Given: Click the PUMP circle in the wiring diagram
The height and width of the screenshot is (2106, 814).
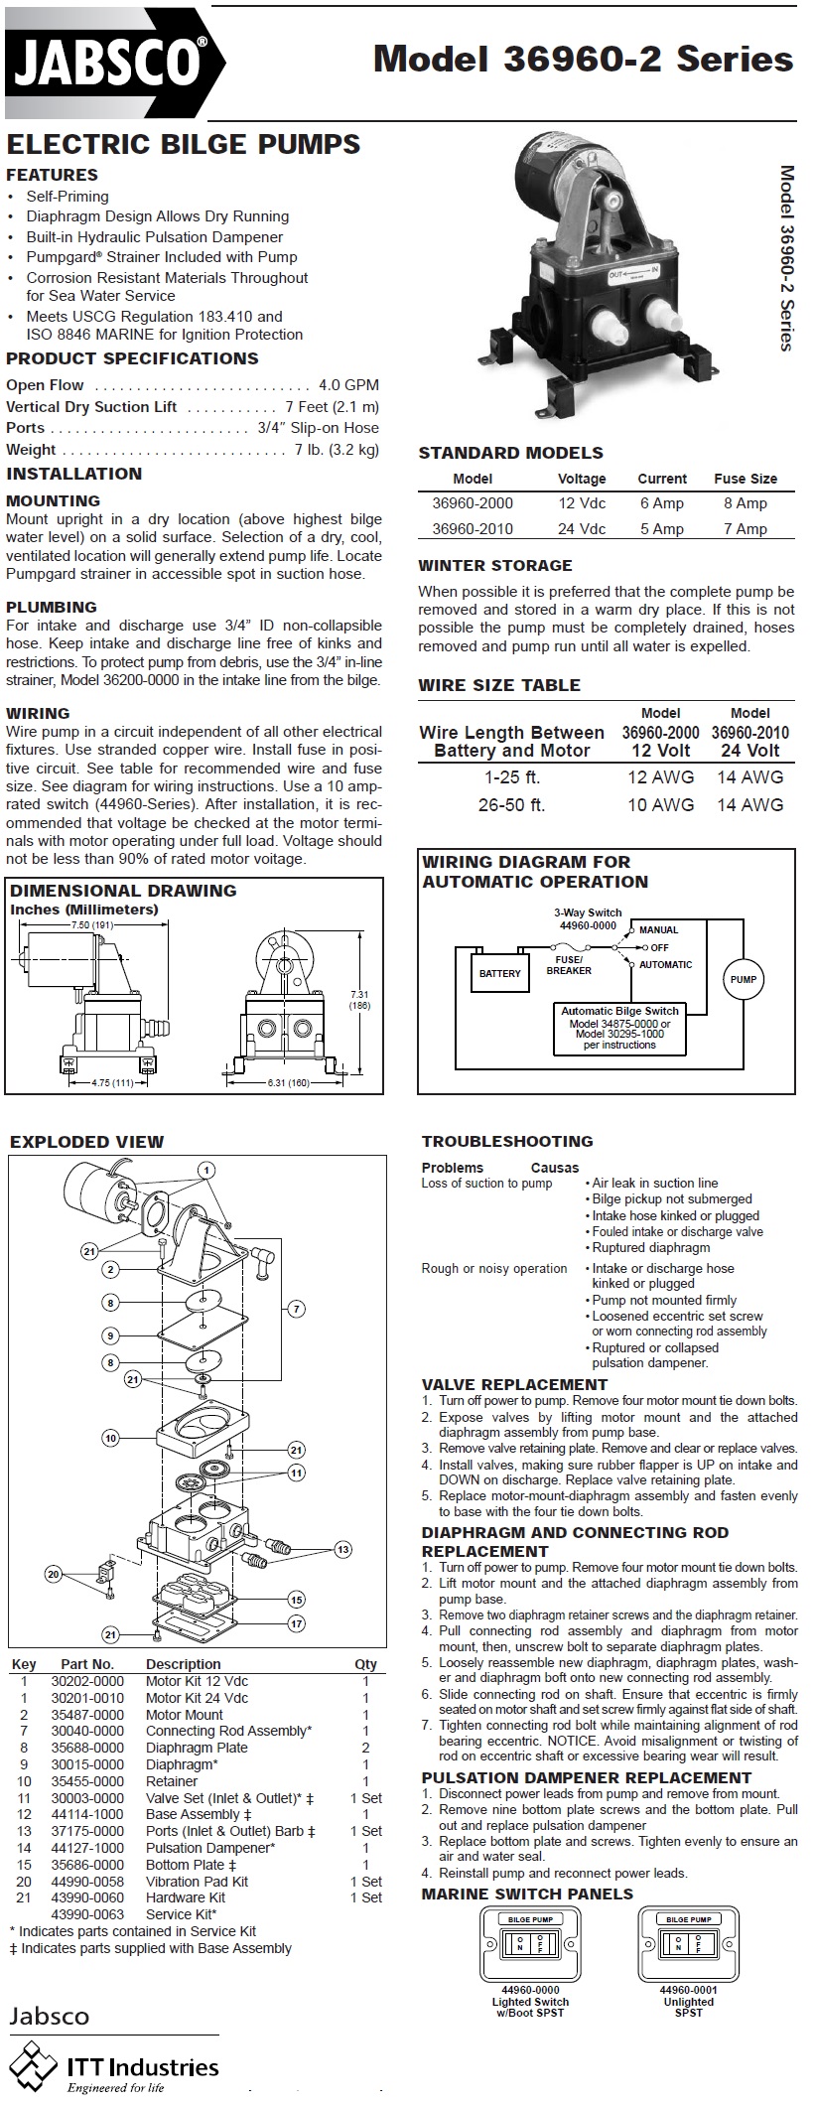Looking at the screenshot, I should (744, 979).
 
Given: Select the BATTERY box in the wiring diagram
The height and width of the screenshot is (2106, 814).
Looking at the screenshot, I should (499, 973).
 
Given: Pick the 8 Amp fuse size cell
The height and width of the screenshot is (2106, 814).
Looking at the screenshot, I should (745, 503).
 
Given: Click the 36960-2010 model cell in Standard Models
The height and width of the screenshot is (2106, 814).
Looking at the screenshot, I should (473, 528).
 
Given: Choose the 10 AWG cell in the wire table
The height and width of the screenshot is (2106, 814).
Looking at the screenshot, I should (660, 805).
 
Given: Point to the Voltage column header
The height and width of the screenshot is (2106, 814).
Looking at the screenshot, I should (582, 479).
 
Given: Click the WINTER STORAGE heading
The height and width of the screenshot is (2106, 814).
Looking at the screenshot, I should (495, 566).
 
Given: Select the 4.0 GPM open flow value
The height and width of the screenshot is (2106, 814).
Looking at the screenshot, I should (348, 385).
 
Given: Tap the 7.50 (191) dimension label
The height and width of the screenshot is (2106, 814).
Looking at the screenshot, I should (92, 925).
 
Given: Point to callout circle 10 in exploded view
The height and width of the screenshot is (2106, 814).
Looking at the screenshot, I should (111, 1438).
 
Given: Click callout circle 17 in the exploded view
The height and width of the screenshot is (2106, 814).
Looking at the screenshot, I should (297, 1624).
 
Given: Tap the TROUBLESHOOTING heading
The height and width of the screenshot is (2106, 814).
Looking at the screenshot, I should (507, 1142).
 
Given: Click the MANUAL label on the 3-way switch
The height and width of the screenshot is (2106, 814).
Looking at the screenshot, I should (659, 930).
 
